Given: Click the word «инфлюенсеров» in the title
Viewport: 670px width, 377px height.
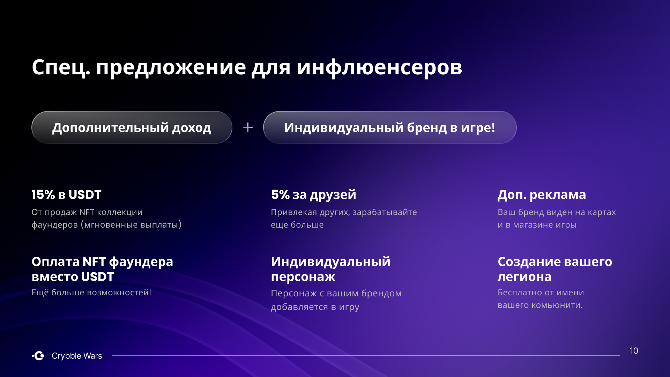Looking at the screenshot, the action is (379, 67).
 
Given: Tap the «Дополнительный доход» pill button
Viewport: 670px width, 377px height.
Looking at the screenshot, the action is (132, 127).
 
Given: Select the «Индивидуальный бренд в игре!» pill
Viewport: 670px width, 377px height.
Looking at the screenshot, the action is (390, 127).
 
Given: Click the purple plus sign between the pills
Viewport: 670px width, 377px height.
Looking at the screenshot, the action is (248, 127).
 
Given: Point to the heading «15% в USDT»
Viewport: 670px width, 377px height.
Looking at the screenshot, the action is (66, 195).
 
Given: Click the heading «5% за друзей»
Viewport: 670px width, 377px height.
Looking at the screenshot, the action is (314, 195).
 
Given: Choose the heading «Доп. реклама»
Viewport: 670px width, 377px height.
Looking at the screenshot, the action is (542, 195).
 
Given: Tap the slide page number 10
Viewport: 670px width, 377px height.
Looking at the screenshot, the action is (634, 351).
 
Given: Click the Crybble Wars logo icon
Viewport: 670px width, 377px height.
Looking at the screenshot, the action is (38, 356).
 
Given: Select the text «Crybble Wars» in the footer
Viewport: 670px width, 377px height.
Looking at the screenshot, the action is (77, 356).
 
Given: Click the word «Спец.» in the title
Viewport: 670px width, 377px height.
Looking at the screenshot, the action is (61, 67).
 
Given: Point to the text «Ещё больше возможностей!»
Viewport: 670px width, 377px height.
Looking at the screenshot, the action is (91, 293).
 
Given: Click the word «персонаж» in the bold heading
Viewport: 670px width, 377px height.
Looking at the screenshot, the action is (303, 277).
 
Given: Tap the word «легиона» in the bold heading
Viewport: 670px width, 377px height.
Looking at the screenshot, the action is (524, 277).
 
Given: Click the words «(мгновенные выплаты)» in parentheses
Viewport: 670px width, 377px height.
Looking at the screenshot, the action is (131, 224).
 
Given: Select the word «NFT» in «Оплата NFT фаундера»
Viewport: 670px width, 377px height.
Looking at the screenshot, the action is (94, 262).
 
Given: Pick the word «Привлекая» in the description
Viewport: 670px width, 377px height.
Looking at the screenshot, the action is (294, 212).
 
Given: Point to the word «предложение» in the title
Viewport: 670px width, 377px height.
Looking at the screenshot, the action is (171, 67).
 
